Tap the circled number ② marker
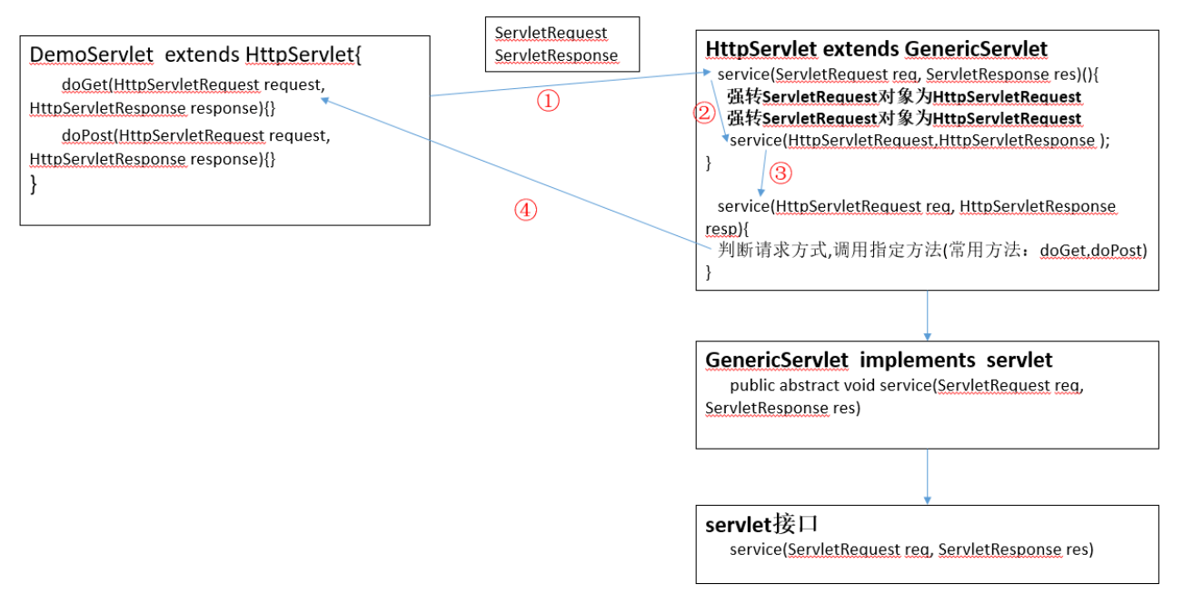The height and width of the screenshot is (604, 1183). pyautogui.click(x=702, y=113)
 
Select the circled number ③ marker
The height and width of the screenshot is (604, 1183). pyautogui.click(x=781, y=173)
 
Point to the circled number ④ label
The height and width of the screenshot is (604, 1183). pyautogui.click(x=526, y=211)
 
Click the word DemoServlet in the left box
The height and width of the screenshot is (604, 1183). pyautogui.click(x=91, y=55)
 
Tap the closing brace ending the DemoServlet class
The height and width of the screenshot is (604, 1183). pyautogui.click(x=35, y=184)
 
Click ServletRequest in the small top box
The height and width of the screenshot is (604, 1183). pyautogui.click(x=551, y=33)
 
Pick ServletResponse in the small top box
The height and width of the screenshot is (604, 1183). pyautogui.click(x=556, y=55)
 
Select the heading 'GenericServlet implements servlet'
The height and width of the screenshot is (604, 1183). pyautogui.click(x=879, y=361)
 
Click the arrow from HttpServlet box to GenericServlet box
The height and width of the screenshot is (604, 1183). pyautogui.click(x=927, y=314)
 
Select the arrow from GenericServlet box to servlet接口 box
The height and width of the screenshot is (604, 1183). pyautogui.click(x=927, y=476)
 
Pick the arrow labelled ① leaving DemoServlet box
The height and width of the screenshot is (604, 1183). pyautogui.click(x=563, y=84)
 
